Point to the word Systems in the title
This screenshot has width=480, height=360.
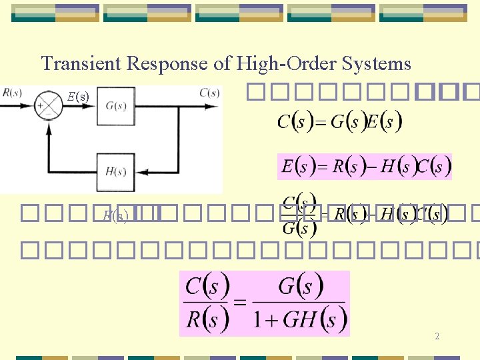[x=377, y=64]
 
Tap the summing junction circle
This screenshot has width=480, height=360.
[x=48, y=107]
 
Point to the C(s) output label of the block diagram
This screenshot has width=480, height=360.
[x=209, y=93]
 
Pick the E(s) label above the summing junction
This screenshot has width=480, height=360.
[x=78, y=97]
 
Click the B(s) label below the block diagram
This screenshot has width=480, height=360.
[x=115, y=215]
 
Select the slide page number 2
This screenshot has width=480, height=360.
[x=437, y=337]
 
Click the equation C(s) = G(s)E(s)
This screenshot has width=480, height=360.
[x=339, y=122]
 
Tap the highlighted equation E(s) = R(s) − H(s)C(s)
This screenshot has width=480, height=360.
[x=365, y=167]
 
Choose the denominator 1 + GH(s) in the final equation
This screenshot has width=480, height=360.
[x=299, y=320]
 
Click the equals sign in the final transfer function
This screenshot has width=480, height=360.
[x=239, y=304]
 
